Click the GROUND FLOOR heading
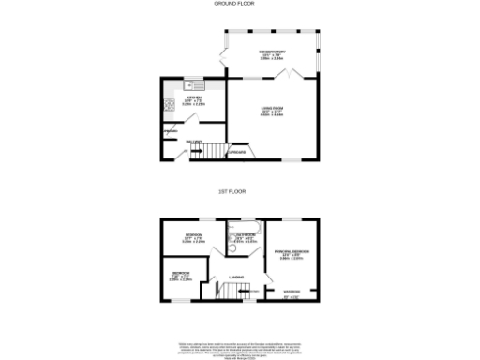[x=240, y=4]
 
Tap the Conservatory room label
[x=273, y=54]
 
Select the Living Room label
[x=273, y=112]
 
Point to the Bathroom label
[x=247, y=236]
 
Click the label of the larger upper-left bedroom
[x=194, y=236]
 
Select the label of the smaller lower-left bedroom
[x=180, y=276]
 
